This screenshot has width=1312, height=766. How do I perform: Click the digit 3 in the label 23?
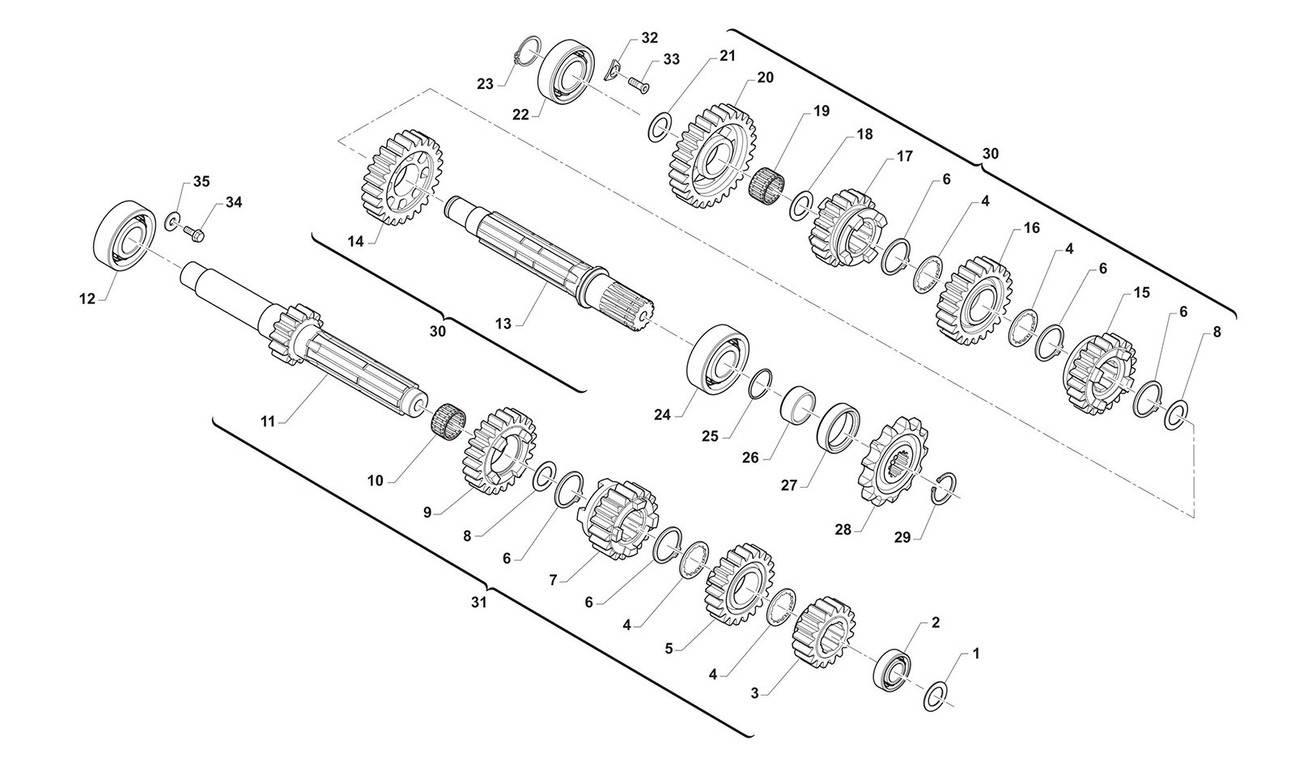coord(490,84)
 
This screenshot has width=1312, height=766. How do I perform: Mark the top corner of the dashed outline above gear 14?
coord(431,89)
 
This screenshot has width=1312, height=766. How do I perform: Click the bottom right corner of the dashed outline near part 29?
coord(1194,518)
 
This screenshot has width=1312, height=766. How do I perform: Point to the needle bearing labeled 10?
coord(448,418)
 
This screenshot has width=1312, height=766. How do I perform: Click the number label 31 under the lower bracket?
coord(479,603)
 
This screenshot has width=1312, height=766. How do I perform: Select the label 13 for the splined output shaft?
coord(503,323)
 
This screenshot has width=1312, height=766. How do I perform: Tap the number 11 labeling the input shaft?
coord(268,421)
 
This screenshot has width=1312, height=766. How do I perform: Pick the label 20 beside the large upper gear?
coord(765,77)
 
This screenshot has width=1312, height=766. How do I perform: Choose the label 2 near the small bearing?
coord(936,623)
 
